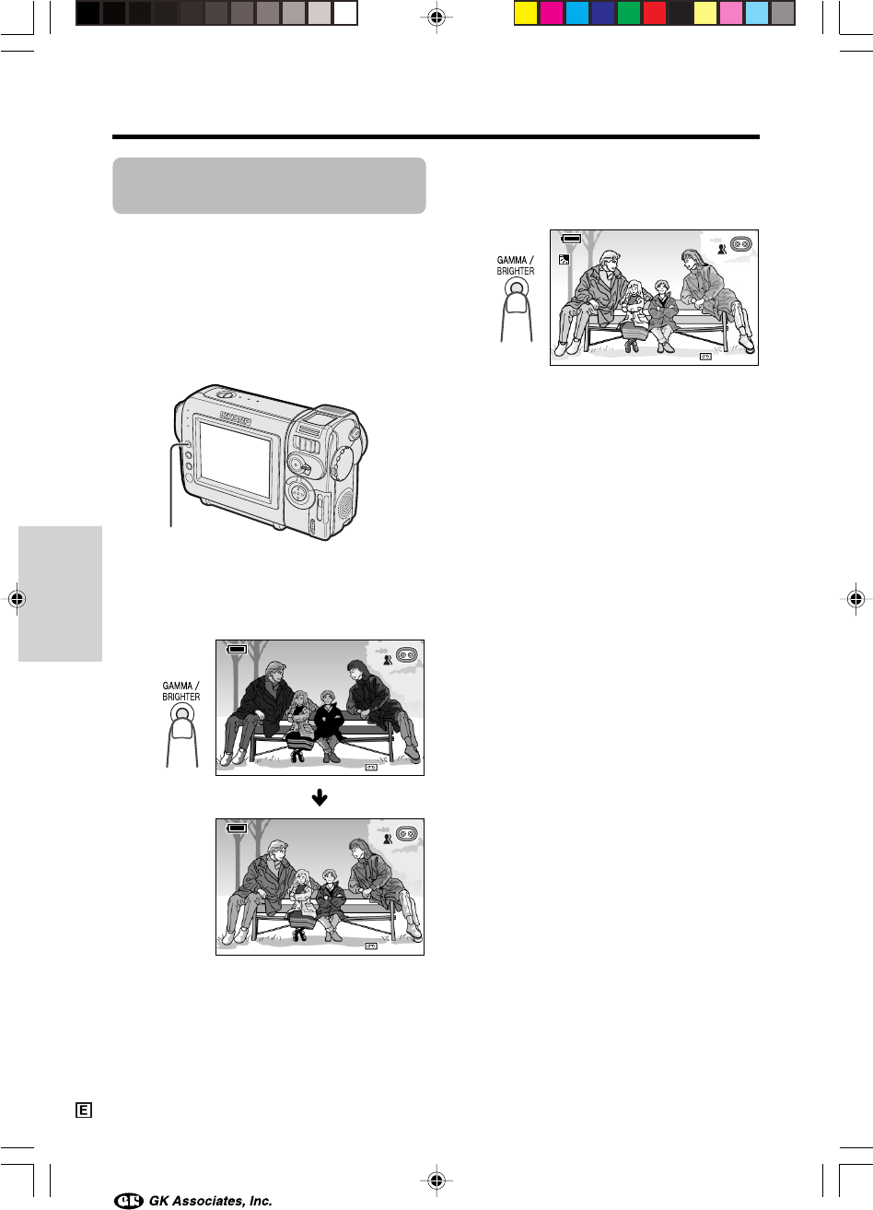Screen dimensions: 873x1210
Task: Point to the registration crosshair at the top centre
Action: click(x=436, y=18)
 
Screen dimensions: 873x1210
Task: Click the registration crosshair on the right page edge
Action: click(x=856, y=599)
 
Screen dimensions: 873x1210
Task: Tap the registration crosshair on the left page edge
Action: click(x=17, y=599)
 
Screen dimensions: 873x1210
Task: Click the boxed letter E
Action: click(x=84, y=1110)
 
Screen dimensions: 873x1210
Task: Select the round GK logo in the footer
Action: click(x=129, y=1200)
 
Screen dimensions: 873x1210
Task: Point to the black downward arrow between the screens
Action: click(x=320, y=797)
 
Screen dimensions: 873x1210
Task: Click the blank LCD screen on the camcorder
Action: click(x=235, y=460)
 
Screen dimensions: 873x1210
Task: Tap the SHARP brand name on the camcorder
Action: click(x=236, y=418)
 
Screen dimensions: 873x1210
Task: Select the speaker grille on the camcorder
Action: click(x=344, y=509)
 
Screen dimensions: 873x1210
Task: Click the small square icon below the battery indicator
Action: click(x=565, y=259)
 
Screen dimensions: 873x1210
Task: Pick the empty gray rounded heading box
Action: click(x=269, y=185)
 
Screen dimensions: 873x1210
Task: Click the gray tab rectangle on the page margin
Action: click(x=61, y=593)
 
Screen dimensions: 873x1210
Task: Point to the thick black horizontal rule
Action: click(x=436, y=137)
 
